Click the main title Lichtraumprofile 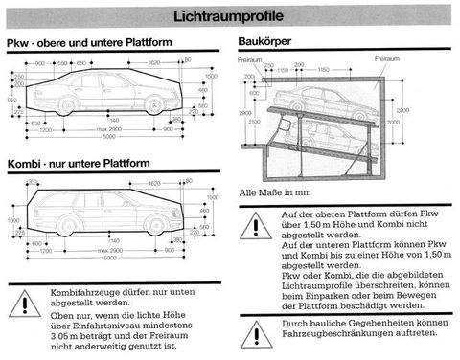(x=229, y=15)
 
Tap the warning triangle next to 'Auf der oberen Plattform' (x=255, y=225)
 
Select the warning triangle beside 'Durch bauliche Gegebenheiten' (x=255, y=332)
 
